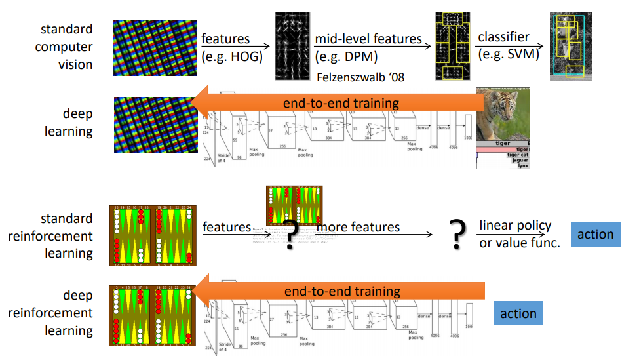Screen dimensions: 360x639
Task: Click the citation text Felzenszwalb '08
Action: [x=360, y=77]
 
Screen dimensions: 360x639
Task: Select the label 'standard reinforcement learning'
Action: [x=50, y=236]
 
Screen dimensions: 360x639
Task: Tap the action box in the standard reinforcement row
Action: [x=595, y=235]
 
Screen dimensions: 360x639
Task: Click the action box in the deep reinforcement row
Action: [x=518, y=313]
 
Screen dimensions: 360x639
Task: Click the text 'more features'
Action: [x=358, y=227]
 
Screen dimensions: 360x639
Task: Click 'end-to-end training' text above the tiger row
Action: [x=341, y=103]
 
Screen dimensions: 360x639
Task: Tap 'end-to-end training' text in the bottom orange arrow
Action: [x=342, y=291]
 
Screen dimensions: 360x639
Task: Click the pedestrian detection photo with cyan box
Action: [x=567, y=45]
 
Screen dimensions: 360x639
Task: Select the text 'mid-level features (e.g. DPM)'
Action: [x=368, y=47]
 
